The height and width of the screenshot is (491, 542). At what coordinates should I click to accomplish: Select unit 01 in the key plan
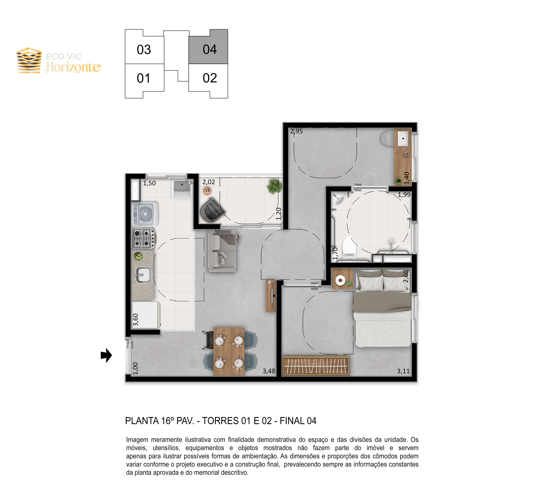coord(144,79)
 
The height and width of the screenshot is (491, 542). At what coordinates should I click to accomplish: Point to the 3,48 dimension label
coord(269,371)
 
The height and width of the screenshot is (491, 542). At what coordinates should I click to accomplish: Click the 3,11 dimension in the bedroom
coord(403,371)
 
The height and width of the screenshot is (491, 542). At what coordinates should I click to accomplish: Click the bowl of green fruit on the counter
coord(138,256)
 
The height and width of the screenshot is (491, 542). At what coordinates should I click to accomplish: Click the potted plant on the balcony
coord(274,186)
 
